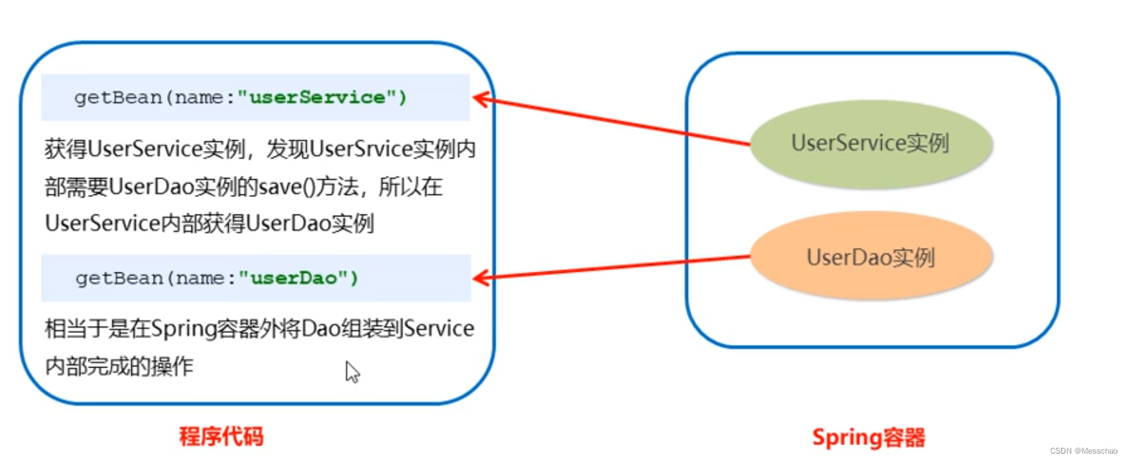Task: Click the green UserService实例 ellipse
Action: pos(870,144)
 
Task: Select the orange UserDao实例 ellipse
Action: pos(870,257)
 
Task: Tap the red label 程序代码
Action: pos(221,437)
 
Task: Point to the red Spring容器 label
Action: pos(868,438)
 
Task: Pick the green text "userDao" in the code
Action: pos(299,278)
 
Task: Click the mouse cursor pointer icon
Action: pos(351,371)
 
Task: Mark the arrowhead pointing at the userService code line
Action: pos(480,98)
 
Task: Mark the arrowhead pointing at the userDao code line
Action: pos(480,277)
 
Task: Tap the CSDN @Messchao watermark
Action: pos(1086,451)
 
